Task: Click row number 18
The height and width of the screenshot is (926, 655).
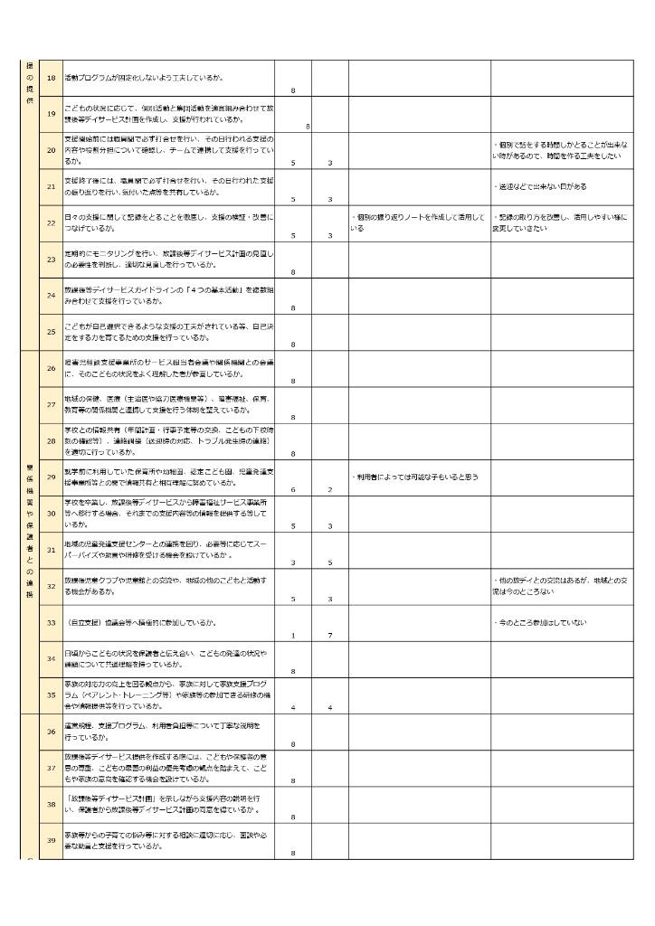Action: pos(51,78)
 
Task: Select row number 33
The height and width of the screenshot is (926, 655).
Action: pos(51,623)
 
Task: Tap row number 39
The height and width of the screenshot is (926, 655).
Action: pos(51,841)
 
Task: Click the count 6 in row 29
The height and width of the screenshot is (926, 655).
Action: pos(293,489)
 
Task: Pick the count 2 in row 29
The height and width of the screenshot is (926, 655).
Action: pos(330,489)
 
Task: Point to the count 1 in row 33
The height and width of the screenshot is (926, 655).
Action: pos(293,635)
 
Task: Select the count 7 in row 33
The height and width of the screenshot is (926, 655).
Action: pos(330,635)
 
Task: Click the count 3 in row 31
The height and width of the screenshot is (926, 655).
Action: pos(293,562)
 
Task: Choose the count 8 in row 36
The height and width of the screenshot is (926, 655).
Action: pos(293,744)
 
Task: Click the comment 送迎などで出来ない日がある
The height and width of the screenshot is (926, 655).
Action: pos(541,186)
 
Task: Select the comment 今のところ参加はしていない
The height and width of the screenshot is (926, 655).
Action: pos(541,623)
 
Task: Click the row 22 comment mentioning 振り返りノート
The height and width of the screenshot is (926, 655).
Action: pos(419,222)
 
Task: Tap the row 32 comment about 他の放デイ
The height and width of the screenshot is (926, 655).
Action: pos(561,585)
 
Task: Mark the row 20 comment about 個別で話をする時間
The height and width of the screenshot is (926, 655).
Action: pos(561,150)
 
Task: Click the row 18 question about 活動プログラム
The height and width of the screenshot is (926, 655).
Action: pos(145,78)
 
